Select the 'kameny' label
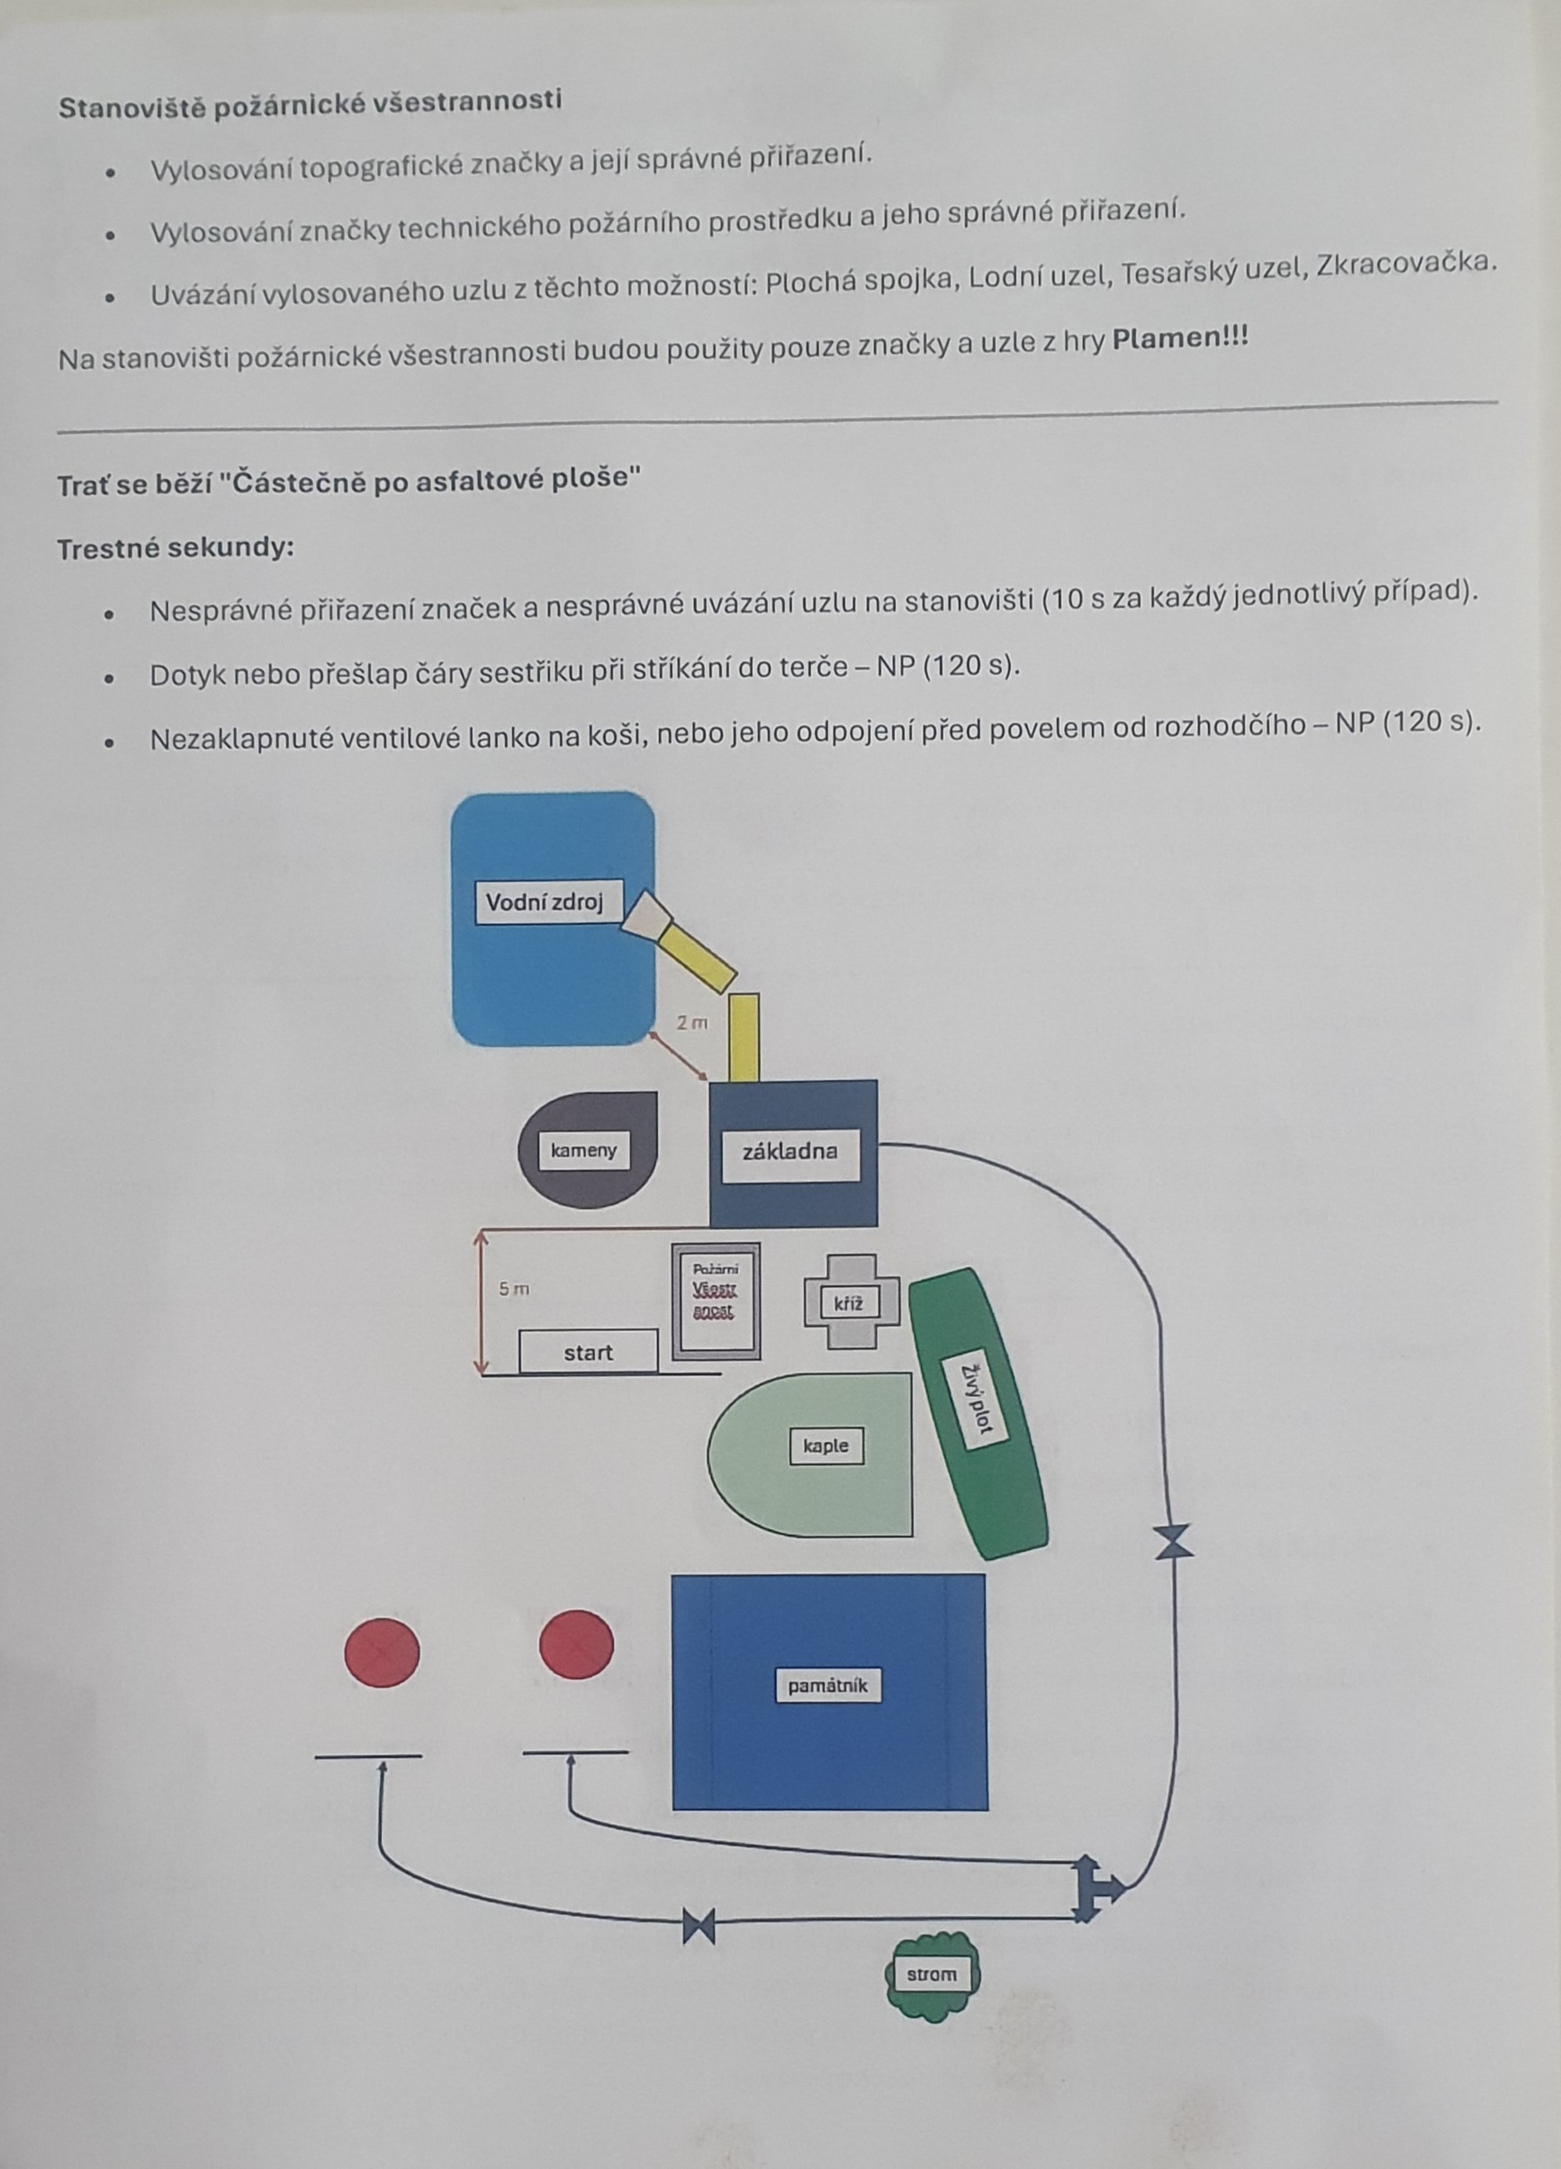[x=583, y=1150]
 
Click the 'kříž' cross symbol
[x=852, y=1303]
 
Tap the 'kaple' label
[x=826, y=1446]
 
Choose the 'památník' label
[x=828, y=1684]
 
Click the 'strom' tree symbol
[x=932, y=1975]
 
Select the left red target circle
[x=382, y=1651]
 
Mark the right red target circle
[x=577, y=1644]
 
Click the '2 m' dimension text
[x=692, y=1023]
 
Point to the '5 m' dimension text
[x=514, y=1289]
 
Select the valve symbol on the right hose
[x=1174, y=1542]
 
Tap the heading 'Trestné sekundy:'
[x=175, y=549]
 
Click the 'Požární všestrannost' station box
[x=717, y=1300]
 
